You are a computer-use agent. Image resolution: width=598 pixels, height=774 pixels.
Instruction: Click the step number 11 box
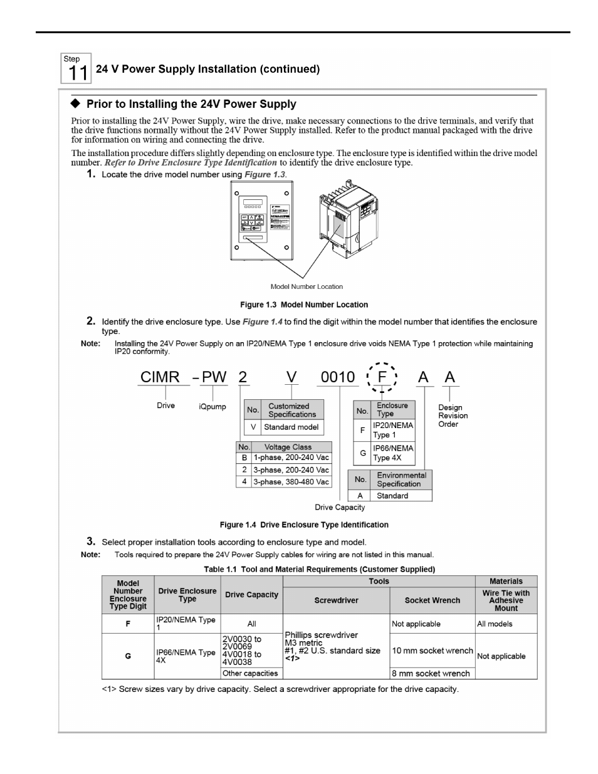pos(76,68)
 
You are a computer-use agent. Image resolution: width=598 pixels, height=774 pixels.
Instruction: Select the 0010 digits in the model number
pos(337,377)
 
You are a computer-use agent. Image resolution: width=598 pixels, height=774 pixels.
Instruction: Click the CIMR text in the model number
pos(160,377)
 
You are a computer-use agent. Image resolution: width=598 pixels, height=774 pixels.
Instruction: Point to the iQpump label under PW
pos(212,407)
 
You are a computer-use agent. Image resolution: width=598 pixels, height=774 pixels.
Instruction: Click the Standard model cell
pos(291,427)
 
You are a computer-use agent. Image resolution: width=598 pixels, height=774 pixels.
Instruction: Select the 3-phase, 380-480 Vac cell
pos(291,482)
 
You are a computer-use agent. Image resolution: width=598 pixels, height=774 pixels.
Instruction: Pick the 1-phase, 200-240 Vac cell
pos(291,458)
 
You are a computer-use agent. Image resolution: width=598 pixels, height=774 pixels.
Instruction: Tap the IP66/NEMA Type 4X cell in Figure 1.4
pos(393,452)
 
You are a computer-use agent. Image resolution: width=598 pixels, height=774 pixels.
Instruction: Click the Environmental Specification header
pos(401,479)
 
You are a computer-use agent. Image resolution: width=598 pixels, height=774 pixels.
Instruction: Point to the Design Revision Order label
pos(453,416)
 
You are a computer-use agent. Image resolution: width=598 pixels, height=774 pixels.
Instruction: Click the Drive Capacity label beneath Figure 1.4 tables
pos(340,507)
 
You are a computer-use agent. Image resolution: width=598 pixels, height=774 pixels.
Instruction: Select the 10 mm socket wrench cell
pos(432,651)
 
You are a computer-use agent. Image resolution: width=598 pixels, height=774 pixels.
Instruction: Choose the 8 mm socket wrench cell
pos(431,673)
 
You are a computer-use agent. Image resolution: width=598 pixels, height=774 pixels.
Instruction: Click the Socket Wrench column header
pos(432,600)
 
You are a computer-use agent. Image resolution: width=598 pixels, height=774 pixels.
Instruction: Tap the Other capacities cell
pos(251,673)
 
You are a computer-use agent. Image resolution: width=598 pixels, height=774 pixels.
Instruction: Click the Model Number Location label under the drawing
pos(307,286)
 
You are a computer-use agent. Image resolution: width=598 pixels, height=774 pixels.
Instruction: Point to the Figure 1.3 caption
pos(304,305)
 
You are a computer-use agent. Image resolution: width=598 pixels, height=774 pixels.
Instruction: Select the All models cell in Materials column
pos(495,624)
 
